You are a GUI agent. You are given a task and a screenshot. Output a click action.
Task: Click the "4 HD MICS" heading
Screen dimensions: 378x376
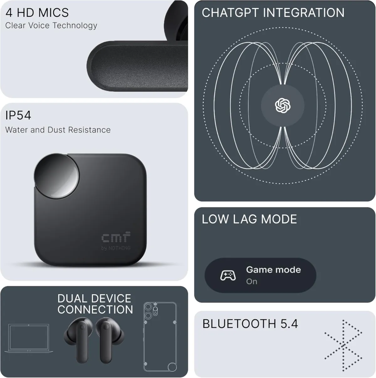37,13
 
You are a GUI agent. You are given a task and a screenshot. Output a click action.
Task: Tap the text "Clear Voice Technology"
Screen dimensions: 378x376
51,26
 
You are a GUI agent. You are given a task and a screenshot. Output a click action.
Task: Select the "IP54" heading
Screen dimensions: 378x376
18,116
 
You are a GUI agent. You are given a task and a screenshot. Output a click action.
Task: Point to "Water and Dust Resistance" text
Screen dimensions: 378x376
58,130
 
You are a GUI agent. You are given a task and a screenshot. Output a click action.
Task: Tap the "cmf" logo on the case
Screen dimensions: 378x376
115,238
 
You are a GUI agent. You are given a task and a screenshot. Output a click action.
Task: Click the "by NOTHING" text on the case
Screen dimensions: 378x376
116,248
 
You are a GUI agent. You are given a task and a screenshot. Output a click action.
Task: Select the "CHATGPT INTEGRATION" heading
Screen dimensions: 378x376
273,13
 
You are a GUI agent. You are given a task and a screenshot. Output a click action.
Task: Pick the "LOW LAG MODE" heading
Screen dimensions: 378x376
249,219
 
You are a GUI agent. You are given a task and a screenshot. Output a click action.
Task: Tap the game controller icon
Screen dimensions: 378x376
228,276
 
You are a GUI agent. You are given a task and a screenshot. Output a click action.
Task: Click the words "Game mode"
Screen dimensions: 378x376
273,270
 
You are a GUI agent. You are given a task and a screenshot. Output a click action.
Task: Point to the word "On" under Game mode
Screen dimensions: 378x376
252,282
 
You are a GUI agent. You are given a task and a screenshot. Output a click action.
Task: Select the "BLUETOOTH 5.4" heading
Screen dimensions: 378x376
250,324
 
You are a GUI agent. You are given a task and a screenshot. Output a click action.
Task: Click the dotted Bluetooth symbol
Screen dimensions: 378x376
344,344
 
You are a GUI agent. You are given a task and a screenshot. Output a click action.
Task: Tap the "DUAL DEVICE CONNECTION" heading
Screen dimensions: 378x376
95,304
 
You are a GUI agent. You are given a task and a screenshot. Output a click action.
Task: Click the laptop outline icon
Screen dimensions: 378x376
29,340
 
